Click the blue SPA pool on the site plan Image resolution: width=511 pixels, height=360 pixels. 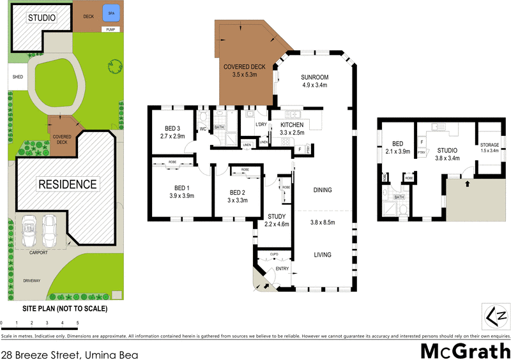112,13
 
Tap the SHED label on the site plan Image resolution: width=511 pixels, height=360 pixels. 17,79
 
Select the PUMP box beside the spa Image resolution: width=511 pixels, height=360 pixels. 110,29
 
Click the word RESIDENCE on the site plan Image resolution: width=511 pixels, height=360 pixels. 68,184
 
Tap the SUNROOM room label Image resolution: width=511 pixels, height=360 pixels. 314,79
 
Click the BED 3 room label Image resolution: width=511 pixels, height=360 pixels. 172,128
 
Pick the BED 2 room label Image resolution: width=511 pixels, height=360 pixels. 238,192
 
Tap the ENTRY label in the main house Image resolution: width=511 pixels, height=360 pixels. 282,269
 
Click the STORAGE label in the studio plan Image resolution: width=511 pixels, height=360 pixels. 490,145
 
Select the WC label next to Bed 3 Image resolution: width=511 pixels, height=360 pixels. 202,129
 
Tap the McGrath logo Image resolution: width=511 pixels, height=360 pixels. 464,350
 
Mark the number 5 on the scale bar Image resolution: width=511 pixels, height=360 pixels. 78,323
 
